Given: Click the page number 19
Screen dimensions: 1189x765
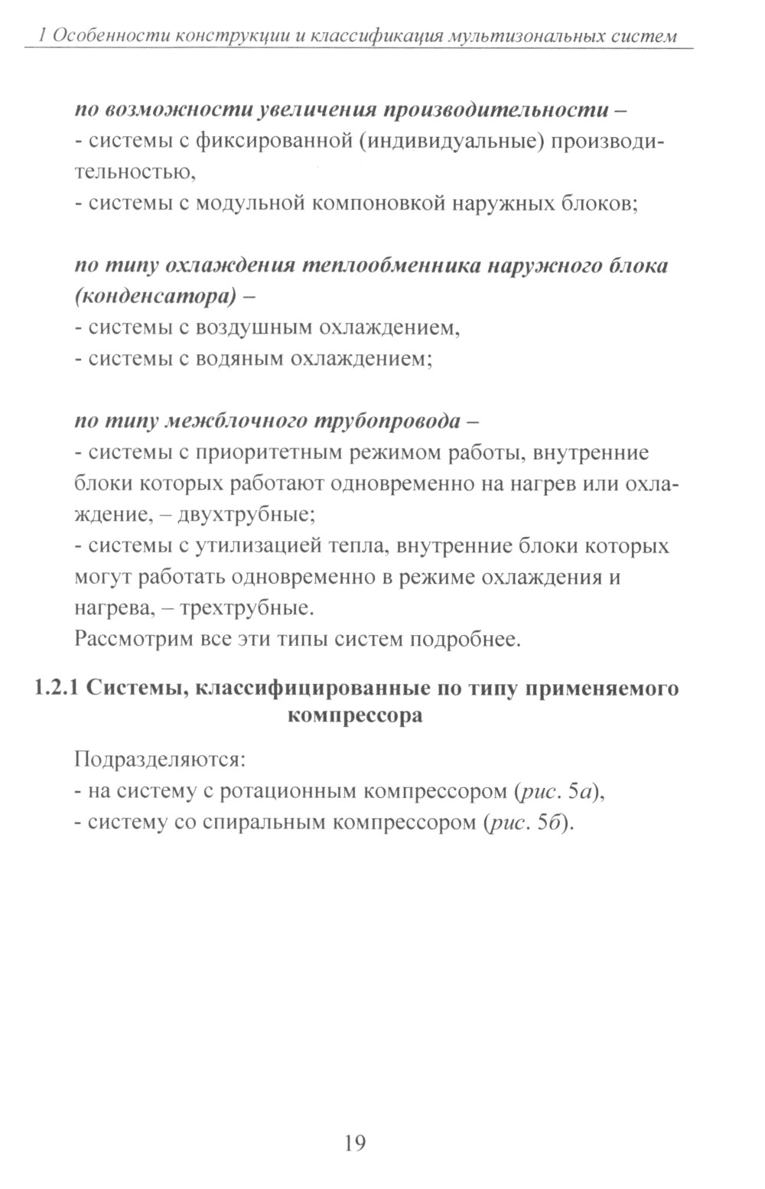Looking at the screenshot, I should (355, 1144).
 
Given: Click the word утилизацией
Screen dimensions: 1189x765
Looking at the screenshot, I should (260, 546).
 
